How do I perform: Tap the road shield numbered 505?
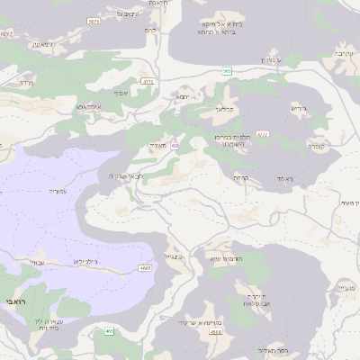tap(228, 70)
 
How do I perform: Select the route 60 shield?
tap(175, 144)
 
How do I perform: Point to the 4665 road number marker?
tap(146, 267)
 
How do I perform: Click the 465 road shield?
tap(109, 331)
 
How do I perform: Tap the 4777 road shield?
tap(148, 81)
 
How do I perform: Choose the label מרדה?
tap(23, 83)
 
